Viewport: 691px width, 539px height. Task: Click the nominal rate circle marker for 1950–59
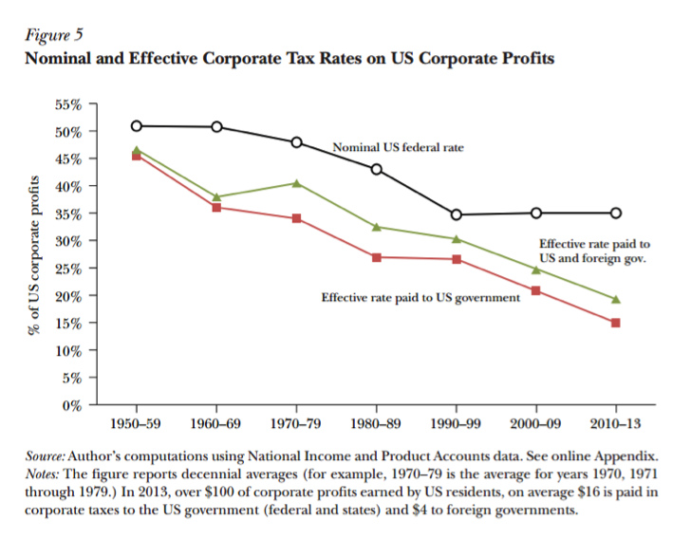pos(137,125)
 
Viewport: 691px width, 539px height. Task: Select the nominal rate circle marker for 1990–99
pos(457,214)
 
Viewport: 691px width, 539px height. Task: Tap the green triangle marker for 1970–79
pos(296,183)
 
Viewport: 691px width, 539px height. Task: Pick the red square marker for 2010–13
pos(616,323)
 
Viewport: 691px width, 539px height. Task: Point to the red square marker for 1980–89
pos(377,257)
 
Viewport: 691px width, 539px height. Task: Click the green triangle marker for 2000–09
pos(536,269)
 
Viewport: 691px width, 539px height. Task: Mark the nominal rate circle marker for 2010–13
pos(616,214)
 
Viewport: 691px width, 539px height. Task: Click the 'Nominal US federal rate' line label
pos(397,148)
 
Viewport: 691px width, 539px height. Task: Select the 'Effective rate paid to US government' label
pos(420,298)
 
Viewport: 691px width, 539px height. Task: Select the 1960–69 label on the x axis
pos(216,422)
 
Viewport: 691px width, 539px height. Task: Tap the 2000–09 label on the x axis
pos(536,422)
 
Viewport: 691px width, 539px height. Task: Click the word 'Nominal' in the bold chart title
pos(60,58)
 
